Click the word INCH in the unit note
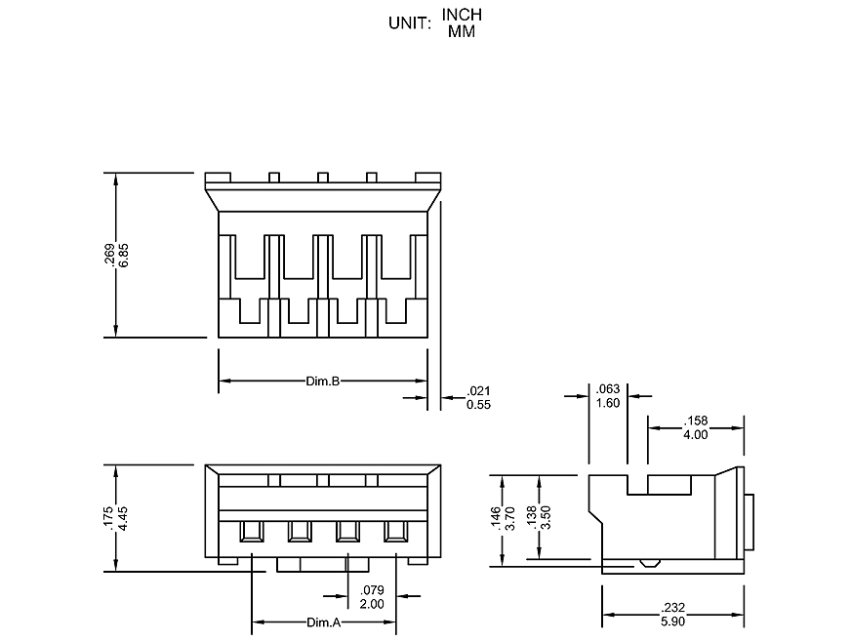coord(462,15)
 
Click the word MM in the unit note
coord(462,31)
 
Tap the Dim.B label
coord(322,381)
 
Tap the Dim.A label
coord(323,622)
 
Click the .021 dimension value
coord(478,391)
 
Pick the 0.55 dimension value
coord(478,404)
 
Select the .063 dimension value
coord(607,390)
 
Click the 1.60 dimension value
coord(607,403)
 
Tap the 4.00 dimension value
coord(695,434)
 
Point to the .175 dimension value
coord(110,518)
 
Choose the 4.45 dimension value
coord(124,518)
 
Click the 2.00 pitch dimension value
coord(372,604)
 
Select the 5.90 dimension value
coord(673,621)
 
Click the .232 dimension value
coord(673,608)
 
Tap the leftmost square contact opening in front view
coord(252,531)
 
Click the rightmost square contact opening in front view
coord(395,531)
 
